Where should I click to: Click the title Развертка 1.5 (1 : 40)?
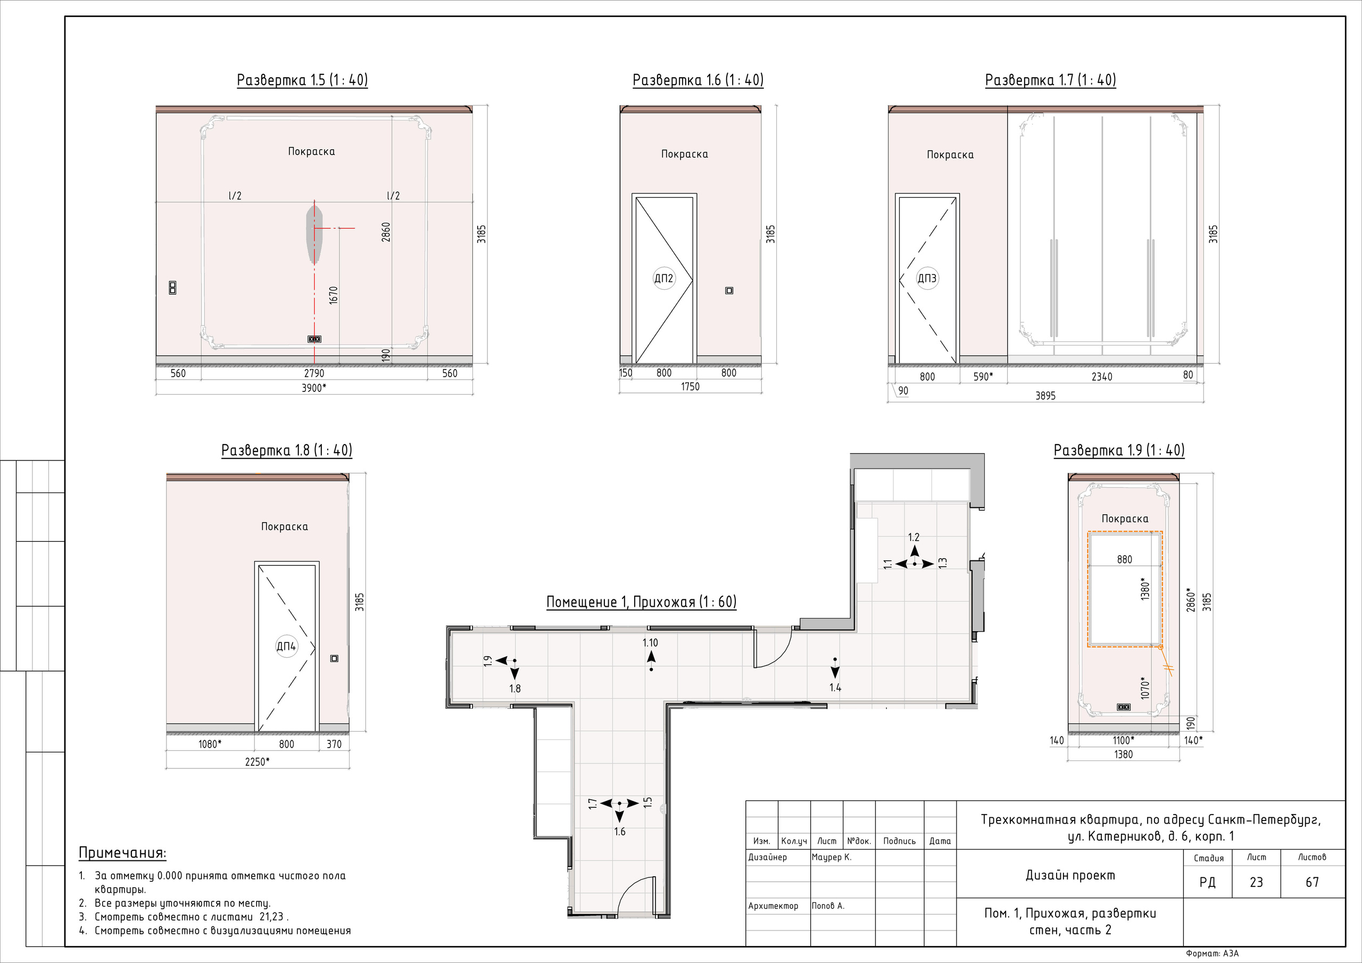(302, 80)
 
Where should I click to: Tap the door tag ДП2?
(664, 278)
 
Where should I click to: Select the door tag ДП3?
(927, 278)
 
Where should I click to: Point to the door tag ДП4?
(287, 647)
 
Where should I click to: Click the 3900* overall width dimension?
(314, 388)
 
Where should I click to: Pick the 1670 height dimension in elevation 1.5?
(334, 295)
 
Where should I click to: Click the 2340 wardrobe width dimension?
(1102, 376)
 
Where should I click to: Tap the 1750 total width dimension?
(690, 387)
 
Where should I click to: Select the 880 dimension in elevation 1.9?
(1124, 559)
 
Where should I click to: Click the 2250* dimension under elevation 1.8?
(258, 762)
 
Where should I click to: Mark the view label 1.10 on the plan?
(650, 643)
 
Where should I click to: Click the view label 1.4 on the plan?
(835, 688)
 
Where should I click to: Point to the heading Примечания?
(123, 853)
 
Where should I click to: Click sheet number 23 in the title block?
(1257, 882)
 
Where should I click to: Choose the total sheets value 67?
(1312, 882)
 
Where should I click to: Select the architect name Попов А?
(828, 906)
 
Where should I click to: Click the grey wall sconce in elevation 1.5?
(314, 233)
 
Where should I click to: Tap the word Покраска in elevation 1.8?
(285, 526)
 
